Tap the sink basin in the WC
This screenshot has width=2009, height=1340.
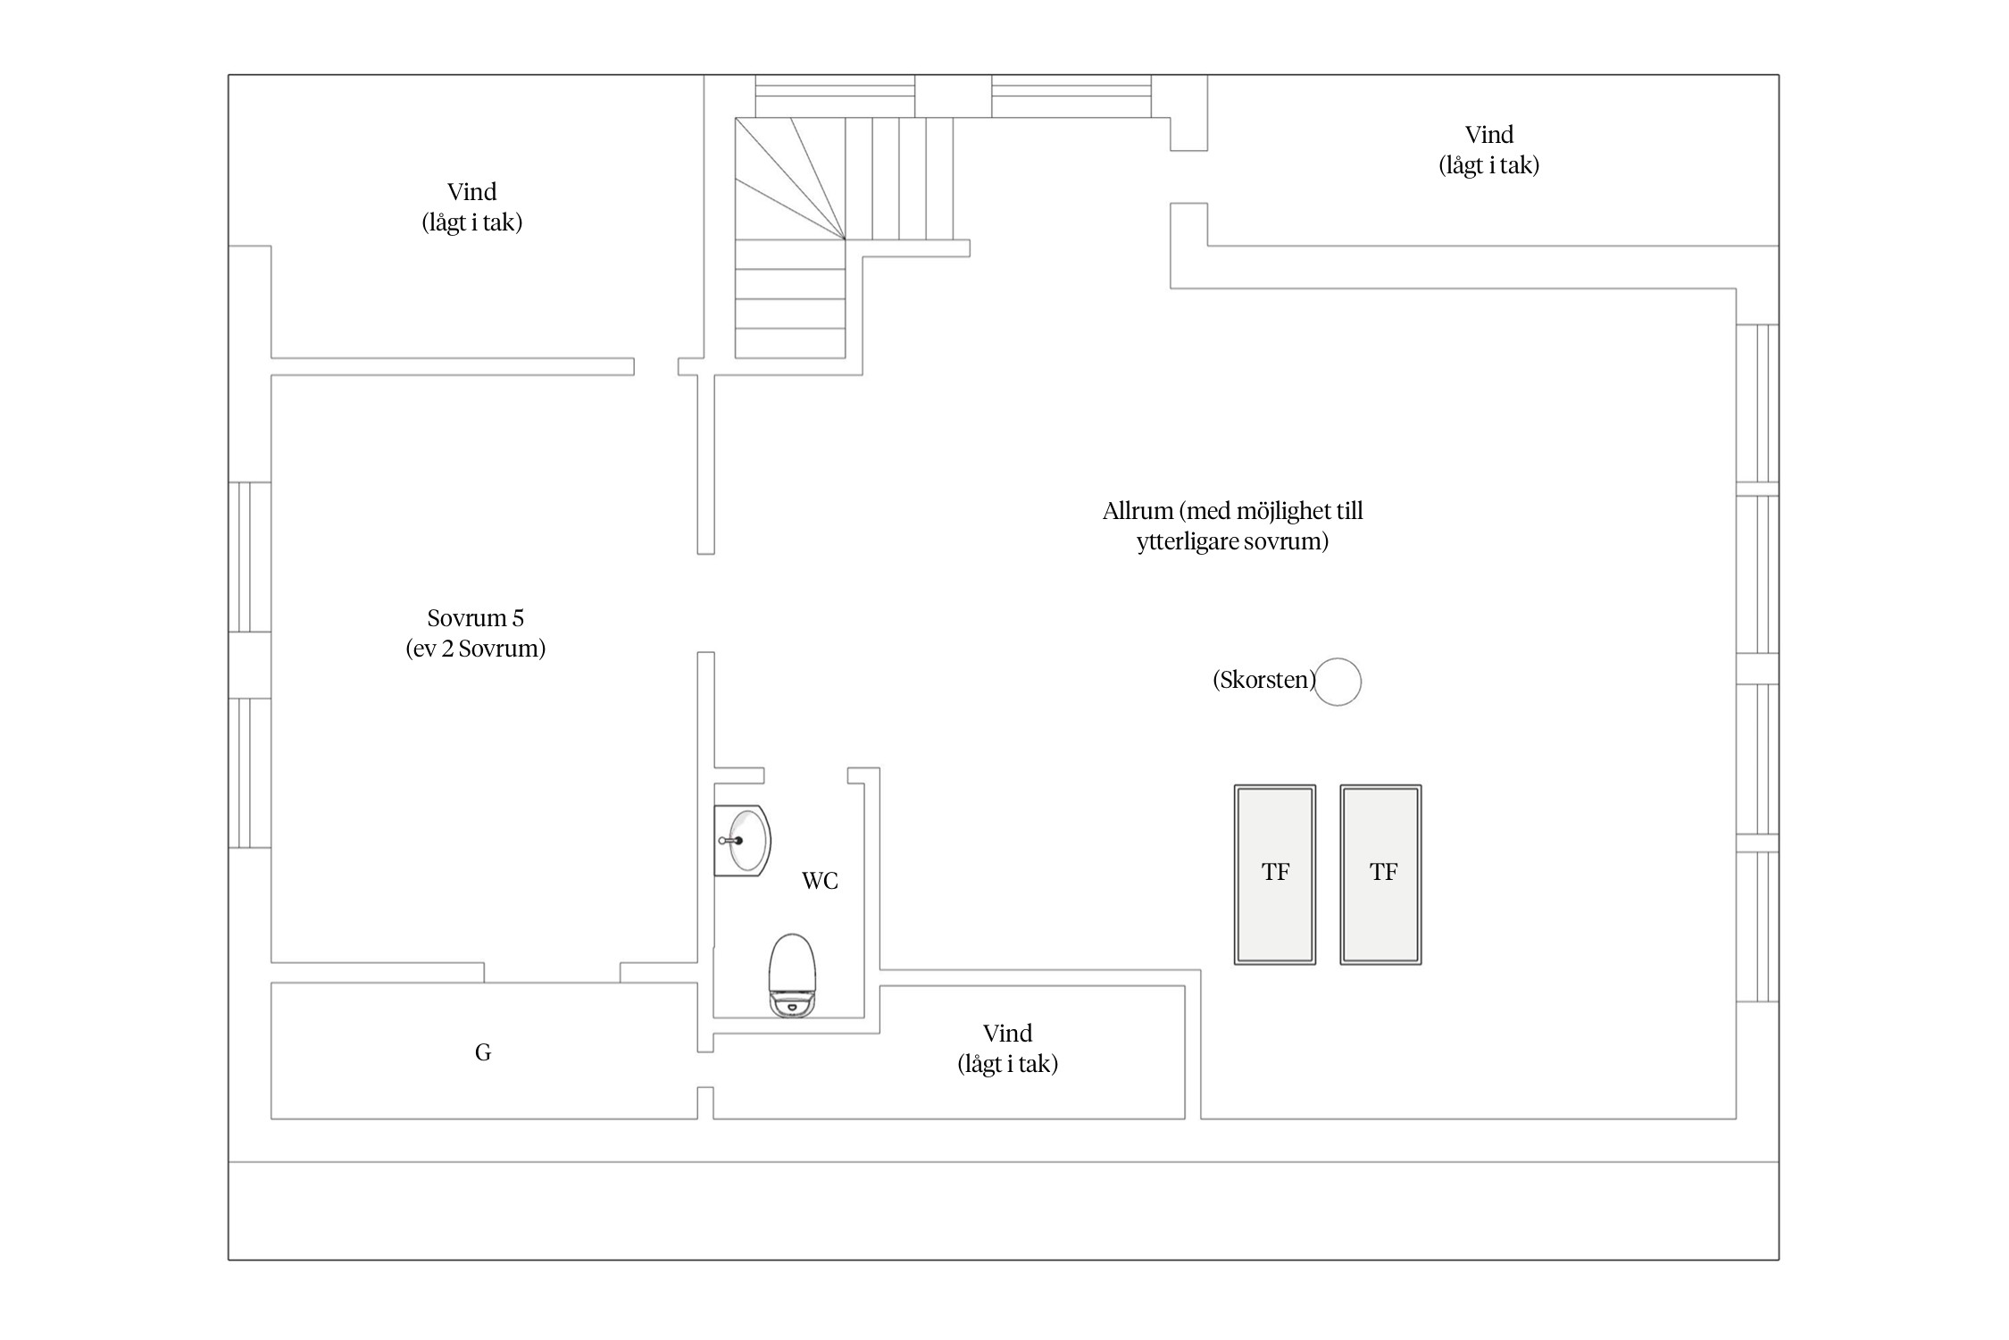pos(743,841)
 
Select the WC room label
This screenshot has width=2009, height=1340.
pos(820,881)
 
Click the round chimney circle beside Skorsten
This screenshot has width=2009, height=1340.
pos(1338,682)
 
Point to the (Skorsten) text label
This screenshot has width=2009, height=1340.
pos(1263,680)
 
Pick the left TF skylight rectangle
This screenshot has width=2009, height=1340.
pos(1275,875)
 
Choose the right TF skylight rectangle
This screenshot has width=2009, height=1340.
pos(1380,875)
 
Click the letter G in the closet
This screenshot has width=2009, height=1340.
pos(483,1052)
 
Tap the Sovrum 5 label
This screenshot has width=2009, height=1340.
pos(475,618)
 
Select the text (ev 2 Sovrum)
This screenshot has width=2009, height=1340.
pos(475,649)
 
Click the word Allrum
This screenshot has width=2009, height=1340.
pos(1138,511)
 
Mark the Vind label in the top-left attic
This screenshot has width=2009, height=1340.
pos(471,192)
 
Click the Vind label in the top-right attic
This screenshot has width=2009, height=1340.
pos(1489,135)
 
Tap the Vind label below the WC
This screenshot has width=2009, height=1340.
pos(1007,1034)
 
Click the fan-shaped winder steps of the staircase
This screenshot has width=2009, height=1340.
pos(790,179)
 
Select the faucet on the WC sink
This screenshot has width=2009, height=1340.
pos(730,841)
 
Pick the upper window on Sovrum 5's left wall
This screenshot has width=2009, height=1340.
pos(250,557)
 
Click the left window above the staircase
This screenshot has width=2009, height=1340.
pos(835,96)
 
